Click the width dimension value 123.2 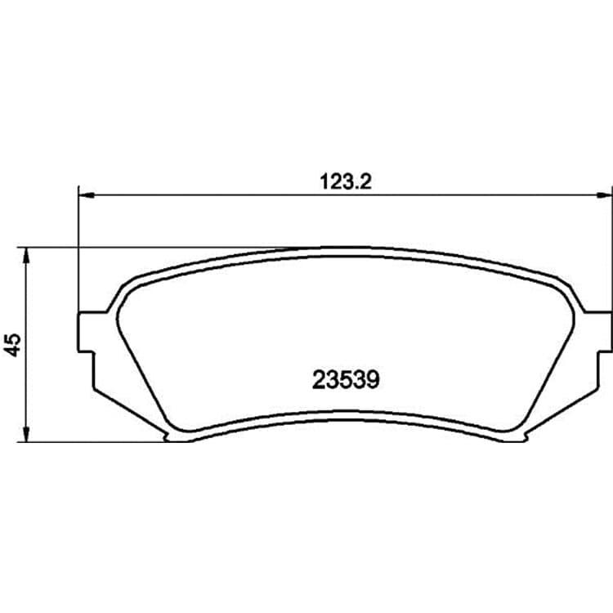pyautogui.click(x=346, y=181)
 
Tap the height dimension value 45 pyautogui.click(x=12, y=345)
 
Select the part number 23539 pyautogui.click(x=346, y=380)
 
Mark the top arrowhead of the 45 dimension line pyautogui.click(x=26, y=255)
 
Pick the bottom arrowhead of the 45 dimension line pyautogui.click(x=26, y=434)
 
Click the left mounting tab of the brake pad pyautogui.click(x=87, y=332)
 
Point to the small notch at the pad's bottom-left pyautogui.click(x=167, y=437)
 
